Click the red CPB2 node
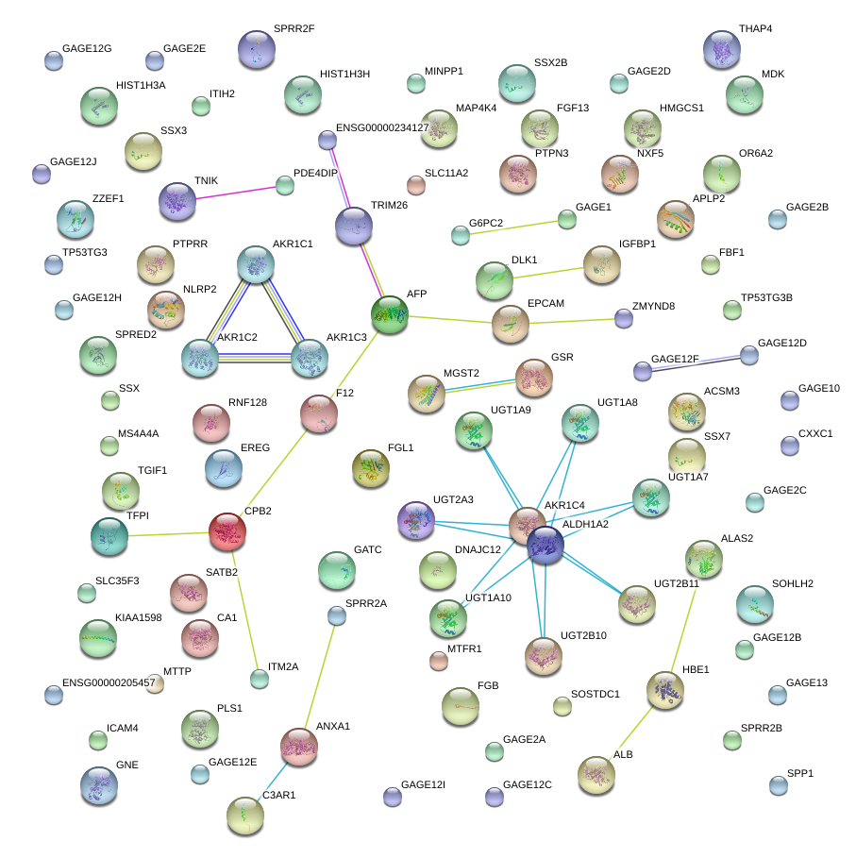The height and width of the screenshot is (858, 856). pos(227,532)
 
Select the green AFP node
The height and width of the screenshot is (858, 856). pos(390,314)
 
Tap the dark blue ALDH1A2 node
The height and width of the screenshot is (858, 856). pos(545,545)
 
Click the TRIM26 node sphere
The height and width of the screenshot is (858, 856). pos(353,226)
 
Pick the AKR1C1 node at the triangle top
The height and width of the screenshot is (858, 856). pos(255,264)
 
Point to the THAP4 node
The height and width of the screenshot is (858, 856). pos(722,49)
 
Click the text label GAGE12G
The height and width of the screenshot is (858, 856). pos(87,48)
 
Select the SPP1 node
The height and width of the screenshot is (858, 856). pos(777,784)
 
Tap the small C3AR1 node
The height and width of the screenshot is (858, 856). pos(245,814)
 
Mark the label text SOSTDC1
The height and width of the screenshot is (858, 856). pos(595,695)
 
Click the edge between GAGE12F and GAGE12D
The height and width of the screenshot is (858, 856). pos(696,363)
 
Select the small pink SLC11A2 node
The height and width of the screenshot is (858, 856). pos(416,183)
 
